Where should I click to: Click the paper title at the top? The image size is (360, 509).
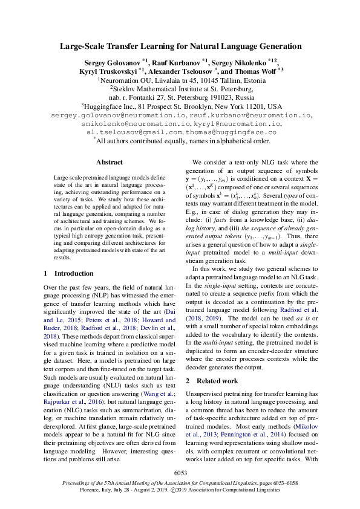point(180,46)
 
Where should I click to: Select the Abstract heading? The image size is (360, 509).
point(110,162)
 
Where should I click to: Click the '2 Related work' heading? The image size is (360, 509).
point(211,381)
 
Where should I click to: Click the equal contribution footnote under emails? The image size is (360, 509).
point(180,140)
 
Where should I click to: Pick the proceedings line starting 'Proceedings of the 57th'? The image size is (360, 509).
point(180,484)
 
